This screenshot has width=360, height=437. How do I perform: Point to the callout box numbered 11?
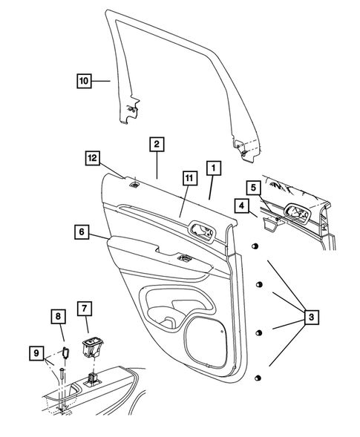189,177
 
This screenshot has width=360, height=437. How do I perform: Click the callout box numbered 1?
213,169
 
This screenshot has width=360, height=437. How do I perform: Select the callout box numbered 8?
59,318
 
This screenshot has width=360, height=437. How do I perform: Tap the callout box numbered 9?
34,355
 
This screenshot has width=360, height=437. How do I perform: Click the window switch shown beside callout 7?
92,343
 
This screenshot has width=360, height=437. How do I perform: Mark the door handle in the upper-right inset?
297,214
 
